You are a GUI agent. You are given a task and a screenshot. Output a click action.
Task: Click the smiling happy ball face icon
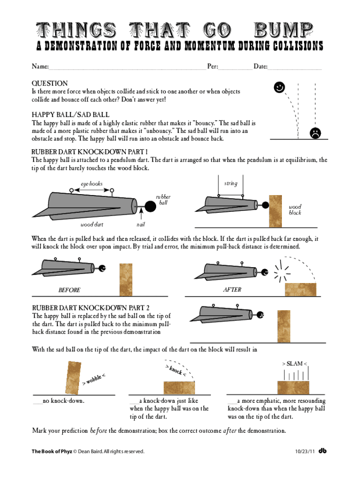[x=279, y=87]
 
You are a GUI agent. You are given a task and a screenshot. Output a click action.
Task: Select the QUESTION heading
[x=50, y=83]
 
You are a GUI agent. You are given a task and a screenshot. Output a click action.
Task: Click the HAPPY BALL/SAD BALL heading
[x=71, y=115]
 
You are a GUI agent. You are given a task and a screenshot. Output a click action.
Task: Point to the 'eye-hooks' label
[x=92, y=183]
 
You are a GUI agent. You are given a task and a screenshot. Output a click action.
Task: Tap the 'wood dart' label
[x=92, y=225]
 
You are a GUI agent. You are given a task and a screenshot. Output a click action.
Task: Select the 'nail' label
[x=141, y=225]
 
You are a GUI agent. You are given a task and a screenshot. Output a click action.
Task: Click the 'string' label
[x=230, y=183]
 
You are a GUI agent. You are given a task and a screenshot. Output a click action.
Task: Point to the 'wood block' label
[x=295, y=210]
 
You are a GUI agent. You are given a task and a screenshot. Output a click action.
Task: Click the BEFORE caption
[x=69, y=290]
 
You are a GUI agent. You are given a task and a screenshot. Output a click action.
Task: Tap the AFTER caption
[x=232, y=290]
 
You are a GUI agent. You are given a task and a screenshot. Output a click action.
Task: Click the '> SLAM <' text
[x=295, y=363]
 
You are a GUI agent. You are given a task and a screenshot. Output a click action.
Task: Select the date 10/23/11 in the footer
[x=304, y=451]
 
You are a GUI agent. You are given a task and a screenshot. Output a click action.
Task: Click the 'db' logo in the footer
[x=323, y=451]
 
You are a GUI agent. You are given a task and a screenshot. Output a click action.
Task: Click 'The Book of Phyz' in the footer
[x=51, y=451]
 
